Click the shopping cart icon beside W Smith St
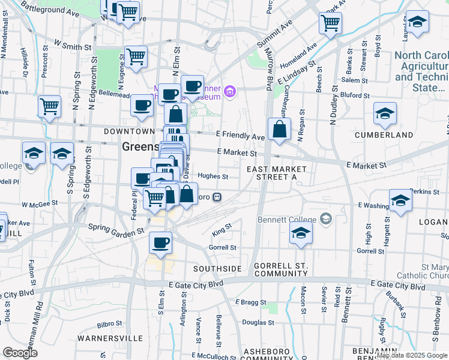(136, 57)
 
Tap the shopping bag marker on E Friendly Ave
(280, 128)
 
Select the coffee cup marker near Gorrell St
(160, 242)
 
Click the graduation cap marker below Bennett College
(301, 233)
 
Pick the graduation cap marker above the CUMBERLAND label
(385, 113)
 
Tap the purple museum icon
(230, 92)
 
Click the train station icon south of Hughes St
(218, 196)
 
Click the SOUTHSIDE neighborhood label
(218, 268)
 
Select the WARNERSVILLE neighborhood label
(110, 338)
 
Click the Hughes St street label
(213, 176)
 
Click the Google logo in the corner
(20, 353)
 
